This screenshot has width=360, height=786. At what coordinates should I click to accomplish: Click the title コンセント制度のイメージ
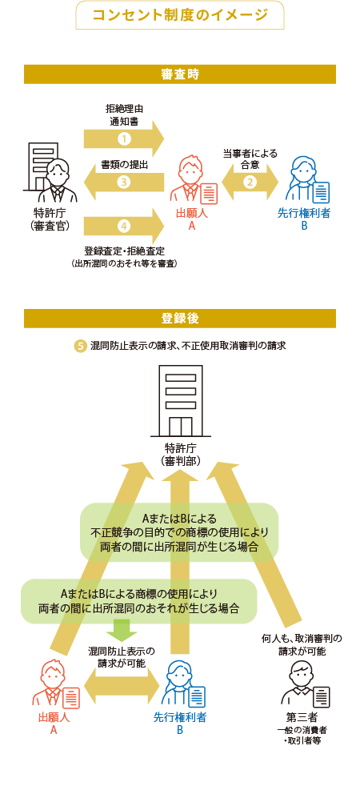coord(180,15)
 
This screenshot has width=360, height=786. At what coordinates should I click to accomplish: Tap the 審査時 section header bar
coord(180,74)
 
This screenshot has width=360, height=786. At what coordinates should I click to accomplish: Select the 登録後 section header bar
coord(180,319)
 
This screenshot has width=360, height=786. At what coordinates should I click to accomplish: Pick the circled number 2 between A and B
coord(250,182)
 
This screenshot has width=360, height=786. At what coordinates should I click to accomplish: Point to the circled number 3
coord(123,182)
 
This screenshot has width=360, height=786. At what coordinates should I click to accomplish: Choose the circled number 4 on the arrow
coord(123,227)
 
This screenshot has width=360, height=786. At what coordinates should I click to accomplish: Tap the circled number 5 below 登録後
coord(80,347)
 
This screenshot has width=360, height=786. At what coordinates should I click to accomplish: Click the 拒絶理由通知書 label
coord(124,114)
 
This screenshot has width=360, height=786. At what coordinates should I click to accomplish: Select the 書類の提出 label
coord(124,164)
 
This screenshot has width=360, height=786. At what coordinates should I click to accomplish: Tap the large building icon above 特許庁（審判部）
coord(180,402)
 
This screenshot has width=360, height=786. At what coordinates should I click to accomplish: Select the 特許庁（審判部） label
coord(180,454)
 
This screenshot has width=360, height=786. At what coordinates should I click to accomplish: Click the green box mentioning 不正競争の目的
coord(179,531)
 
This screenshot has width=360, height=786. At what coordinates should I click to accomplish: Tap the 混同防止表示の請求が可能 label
coord(122,657)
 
